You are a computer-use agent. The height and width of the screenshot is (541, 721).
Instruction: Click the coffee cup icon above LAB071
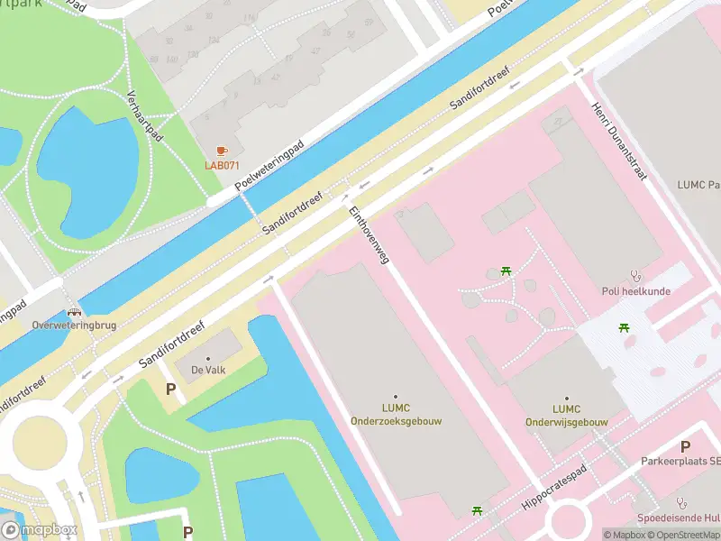pyautogui.click(x=222, y=151)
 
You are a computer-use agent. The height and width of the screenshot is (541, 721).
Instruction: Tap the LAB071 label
pyautogui.click(x=222, y=165)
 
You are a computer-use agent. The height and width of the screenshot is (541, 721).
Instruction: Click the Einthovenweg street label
pyautogui.click(x=369, y=234)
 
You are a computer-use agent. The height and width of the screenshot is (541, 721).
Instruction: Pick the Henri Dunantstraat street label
pyautogui.click(x=618, y=142)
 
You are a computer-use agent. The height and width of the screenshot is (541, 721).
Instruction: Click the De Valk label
pyautogui.click(x=208, y=368)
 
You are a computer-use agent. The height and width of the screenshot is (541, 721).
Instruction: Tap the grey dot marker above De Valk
pyautogui.click(x=208, y=356)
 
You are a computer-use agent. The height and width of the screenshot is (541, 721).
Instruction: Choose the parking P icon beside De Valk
pyautogui.click(x=169, y=389)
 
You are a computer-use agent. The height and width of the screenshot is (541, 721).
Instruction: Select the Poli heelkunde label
pyautogui.click(x=636, y=291)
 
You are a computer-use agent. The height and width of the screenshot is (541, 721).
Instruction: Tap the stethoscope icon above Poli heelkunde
pyautogui.click(x=636, y=277)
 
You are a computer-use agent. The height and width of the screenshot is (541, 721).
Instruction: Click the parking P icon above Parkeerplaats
pyautogui.click(x=685, y=446)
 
